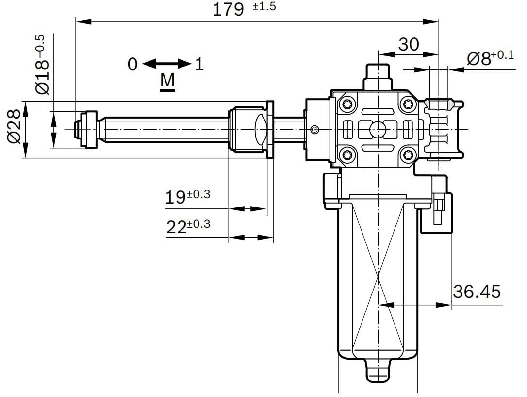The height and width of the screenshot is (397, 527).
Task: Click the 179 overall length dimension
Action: (228, 9)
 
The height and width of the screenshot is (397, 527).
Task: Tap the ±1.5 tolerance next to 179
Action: (264, 6)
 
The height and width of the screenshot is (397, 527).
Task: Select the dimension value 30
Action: (409, 44)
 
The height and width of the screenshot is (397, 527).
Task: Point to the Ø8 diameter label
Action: (479, 59)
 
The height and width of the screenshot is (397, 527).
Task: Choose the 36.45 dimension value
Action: (477, 292)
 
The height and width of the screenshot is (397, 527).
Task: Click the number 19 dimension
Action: (175, 197)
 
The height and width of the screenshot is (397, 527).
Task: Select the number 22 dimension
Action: (177, 227)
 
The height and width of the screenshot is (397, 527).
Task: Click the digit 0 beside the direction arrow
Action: (132, 64)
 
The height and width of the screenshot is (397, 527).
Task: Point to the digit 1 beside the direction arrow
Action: (199, 64)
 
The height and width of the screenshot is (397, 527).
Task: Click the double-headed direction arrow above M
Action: (167, 64)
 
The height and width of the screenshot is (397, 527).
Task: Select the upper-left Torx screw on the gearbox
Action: (347, 104)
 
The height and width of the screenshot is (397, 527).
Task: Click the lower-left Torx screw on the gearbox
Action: (347, 155)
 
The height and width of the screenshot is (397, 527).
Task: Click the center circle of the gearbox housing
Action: (378, 130)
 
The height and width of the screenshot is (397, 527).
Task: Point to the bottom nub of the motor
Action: (379, 371)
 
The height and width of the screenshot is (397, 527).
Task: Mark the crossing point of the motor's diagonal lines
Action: (379, 277)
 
